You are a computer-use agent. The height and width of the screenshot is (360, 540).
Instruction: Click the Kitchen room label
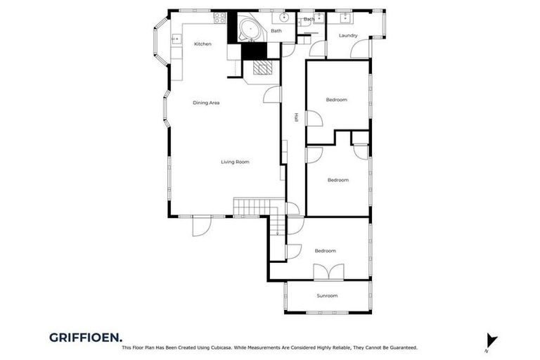pos(202,44)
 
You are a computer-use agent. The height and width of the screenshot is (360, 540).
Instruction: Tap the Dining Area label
pos(206,103)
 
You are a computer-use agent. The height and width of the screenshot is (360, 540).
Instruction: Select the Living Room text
pos(235,162)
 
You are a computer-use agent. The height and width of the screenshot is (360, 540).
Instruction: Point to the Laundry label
pos(348,35)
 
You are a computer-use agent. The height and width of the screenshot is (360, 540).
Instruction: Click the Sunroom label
pos(327,296)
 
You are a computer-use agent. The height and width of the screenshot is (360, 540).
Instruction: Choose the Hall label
pos(297,118)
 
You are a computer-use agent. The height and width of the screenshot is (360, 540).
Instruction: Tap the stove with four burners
pos(219,18)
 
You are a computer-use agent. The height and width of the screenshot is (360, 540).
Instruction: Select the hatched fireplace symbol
pos(261,67)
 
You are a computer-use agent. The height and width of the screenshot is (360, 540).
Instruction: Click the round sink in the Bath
pos(285,18)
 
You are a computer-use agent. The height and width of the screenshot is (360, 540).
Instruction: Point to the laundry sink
pos(345,18)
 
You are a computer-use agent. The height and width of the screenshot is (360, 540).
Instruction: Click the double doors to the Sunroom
pos(328,272)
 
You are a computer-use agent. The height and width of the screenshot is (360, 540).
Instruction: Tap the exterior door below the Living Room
pos(200,226)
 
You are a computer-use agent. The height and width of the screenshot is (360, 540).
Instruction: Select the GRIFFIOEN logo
pos(86,337)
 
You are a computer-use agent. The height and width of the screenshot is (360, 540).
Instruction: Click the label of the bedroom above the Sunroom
pos(325,251)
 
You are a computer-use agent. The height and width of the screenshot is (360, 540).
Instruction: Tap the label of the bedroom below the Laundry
pos(336,100)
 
